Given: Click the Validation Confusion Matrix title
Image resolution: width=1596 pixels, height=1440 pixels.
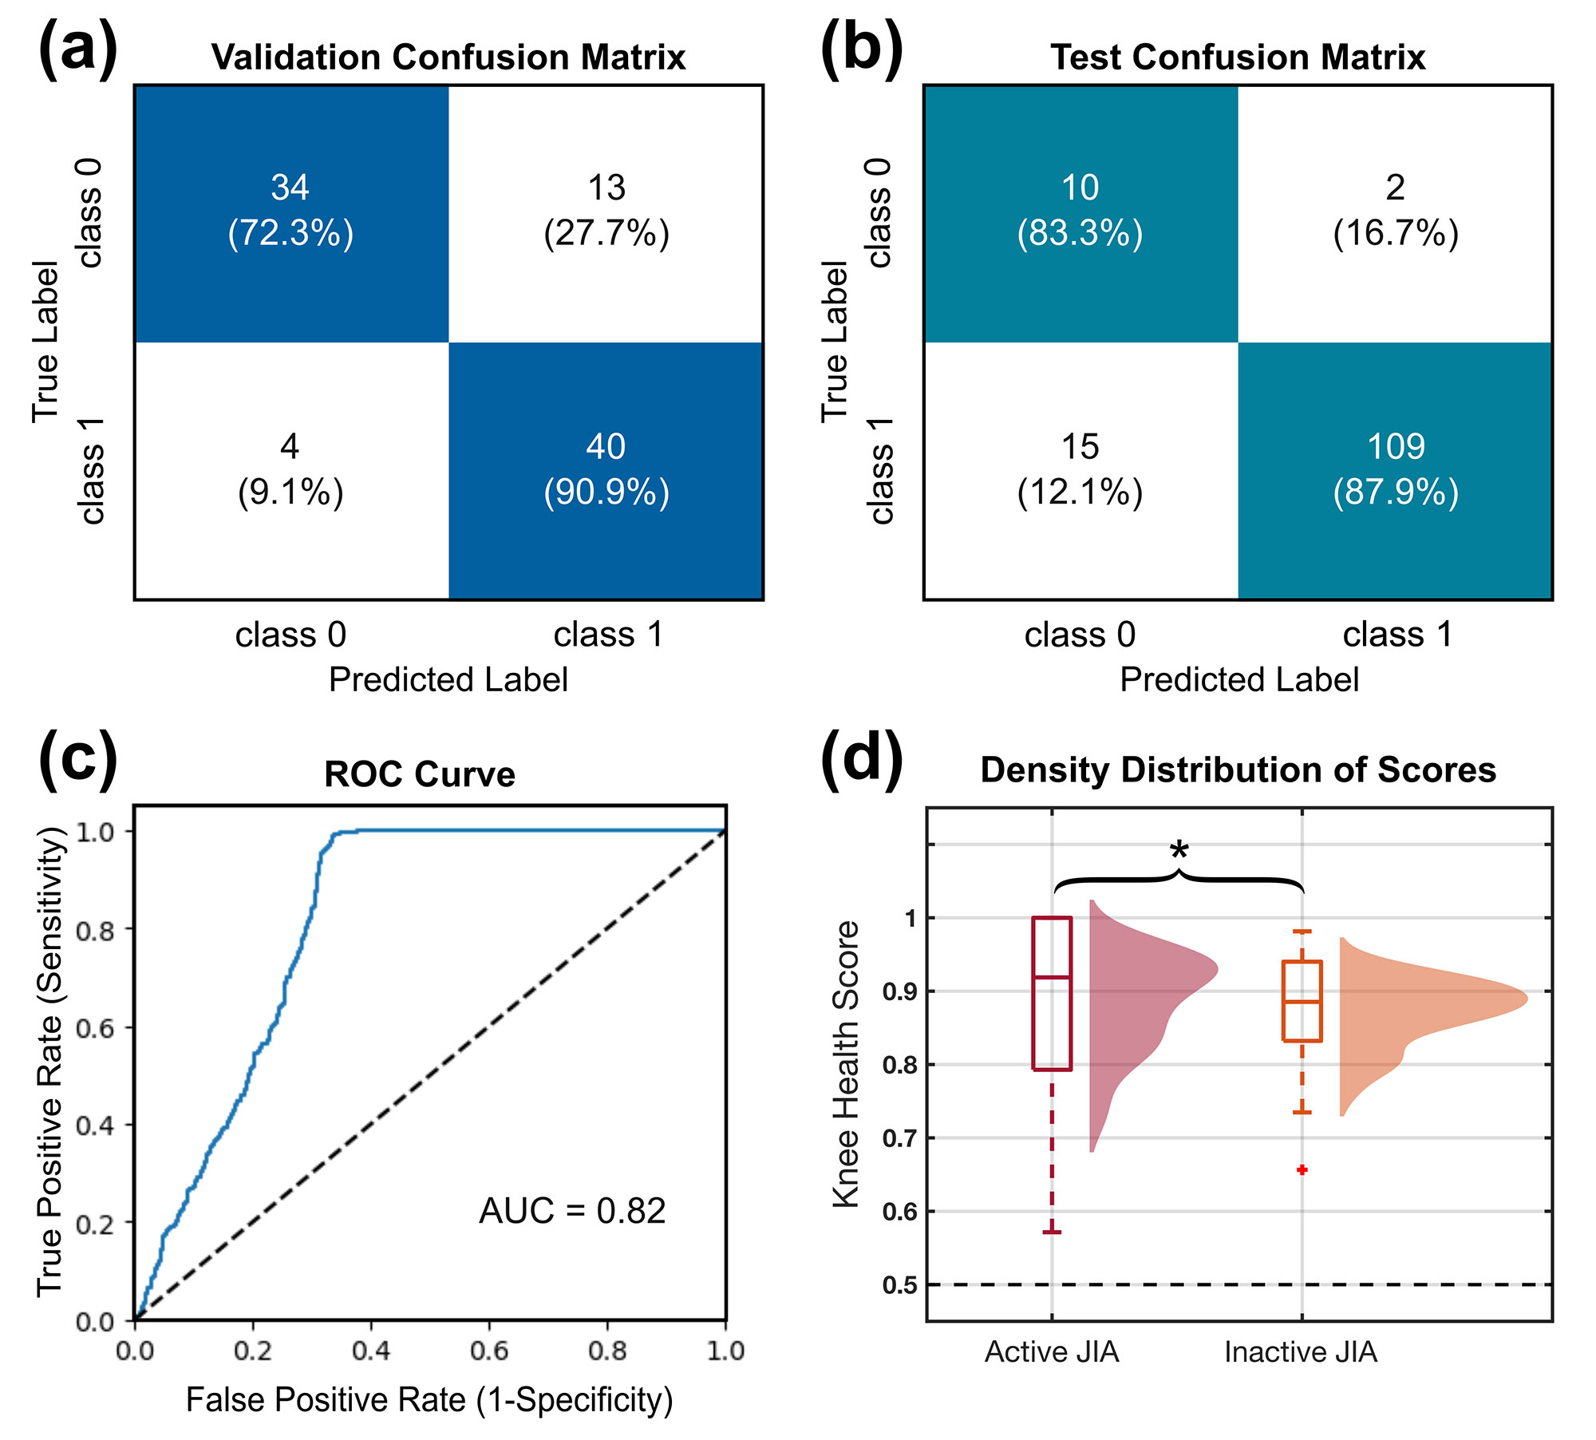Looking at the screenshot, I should coord(448,57).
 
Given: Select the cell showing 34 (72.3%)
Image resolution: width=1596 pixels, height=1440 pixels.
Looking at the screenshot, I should coord(290,211).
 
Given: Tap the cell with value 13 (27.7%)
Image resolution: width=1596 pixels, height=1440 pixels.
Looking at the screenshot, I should coord(606,211).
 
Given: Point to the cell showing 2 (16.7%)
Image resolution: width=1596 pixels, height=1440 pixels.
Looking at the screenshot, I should coord(1396,211).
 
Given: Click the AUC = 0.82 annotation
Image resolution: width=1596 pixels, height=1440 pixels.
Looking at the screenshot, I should coord(572,1211).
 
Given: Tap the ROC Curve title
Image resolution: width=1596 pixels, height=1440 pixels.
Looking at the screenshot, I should coord(420,774).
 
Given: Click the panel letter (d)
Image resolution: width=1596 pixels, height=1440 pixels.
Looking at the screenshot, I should coord(862,758).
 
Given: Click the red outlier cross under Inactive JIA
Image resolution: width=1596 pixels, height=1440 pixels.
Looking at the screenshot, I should coord(1302,1170).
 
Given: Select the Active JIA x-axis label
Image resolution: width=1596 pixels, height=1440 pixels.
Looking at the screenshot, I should coord(1052,1352).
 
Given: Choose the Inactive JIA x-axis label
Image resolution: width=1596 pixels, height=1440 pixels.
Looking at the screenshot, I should coord(1301,1352).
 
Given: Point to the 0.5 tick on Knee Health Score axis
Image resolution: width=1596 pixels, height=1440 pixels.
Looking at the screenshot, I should coord(899,1285).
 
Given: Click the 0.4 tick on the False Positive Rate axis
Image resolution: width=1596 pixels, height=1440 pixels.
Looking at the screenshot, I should coord(371,1351).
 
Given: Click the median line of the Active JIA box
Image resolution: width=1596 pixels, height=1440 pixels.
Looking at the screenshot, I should coord(1052,977).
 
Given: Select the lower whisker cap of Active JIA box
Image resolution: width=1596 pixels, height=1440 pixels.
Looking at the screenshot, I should coord(1052,1232).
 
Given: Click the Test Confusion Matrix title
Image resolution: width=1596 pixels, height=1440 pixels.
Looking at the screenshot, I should coord(1238,57).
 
